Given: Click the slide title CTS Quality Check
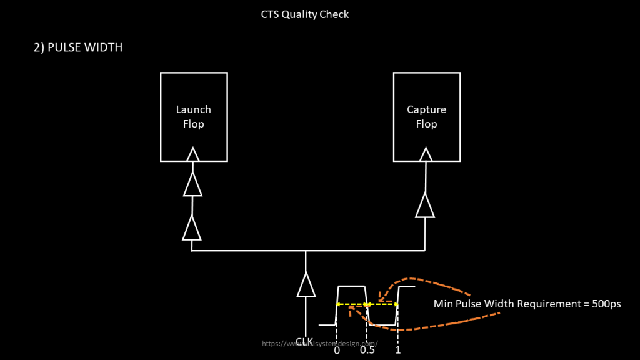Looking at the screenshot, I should point(305,14).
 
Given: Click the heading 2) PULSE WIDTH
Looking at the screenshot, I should point(77,47).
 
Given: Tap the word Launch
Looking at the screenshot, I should point(194,109).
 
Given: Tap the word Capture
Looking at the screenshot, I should point(426,109).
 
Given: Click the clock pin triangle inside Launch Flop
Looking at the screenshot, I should point(193,154).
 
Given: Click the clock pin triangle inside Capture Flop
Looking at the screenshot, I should point(426,154).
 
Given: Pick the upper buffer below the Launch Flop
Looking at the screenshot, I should point(192,184).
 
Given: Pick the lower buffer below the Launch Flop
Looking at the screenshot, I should point(192,229).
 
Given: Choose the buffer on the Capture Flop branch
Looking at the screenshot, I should point(425,206).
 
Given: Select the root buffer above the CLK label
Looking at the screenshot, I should point(306,285).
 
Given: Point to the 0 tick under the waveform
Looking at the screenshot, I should point(337,351).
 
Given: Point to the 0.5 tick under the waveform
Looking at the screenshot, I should point(367,351).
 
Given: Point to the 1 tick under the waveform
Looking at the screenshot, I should point(397,351).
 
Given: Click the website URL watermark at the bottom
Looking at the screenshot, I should point(320,343).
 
